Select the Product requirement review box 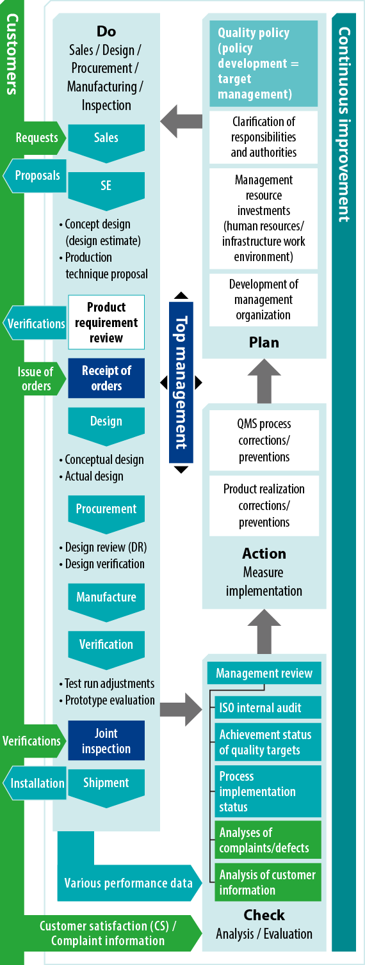(x=106, y=323)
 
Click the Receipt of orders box (x=106, y=378)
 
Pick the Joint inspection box (x=106, y=740)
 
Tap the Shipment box (x=106, y=788)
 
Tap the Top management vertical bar (x=181, y=383)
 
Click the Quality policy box (x=264, y=63)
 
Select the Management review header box (x=264, y=673)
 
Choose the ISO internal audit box (x=268, y=707)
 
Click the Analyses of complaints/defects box (x=268, y=840)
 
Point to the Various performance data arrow (x=129, y=882)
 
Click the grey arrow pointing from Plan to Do (x=181, y=122)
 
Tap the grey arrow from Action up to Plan (x=264, y=381)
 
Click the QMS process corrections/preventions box (x=264, y=440)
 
